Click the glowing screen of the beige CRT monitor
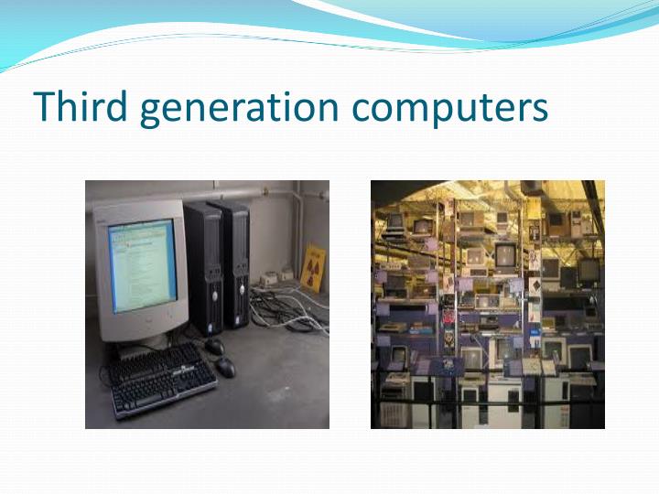142,264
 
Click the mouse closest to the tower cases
214,346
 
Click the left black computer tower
203,267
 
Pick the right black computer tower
235,263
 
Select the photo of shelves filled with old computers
487,304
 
